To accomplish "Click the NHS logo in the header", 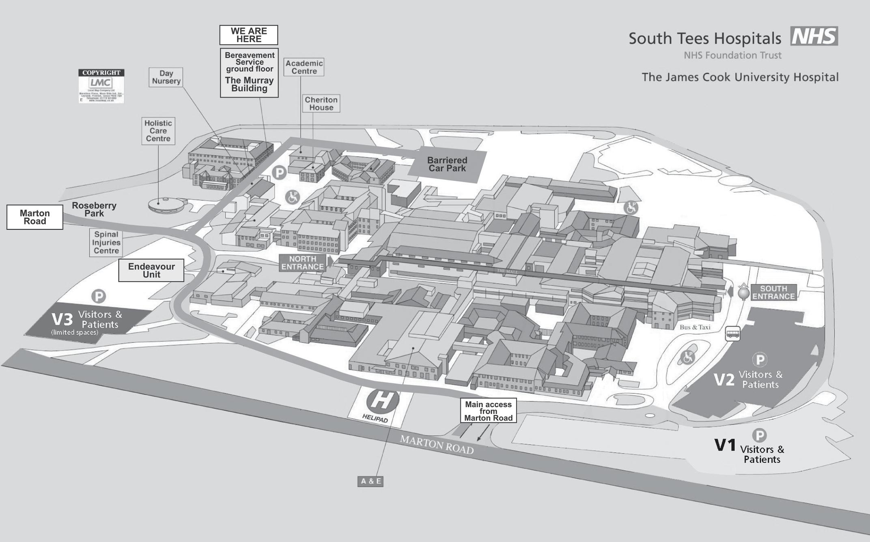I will click(x=814, y=36).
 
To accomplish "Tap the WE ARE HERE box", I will click(x=249, y=35).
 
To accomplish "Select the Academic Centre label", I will click(x=304, y=67).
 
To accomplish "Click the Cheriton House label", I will click(x=321, y=103).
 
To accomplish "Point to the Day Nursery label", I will click(x=166, y=77).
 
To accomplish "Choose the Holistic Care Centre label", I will click(x=158, y=131).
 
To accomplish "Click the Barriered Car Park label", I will click(x=447, y=164).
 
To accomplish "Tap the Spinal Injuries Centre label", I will click(x=106, y=243).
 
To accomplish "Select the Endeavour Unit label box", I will click(x=151, y=270).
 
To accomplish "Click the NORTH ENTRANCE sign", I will click(x=303, y=263).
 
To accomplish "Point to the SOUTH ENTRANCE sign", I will click(x=773, y=293).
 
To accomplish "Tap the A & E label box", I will click(x=370, y=481).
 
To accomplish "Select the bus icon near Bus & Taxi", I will click(x=732, y=334).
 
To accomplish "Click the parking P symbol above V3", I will click(x=99, y=296).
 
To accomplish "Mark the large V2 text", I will click(x=724, y=380).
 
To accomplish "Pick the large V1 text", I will click(x=725, y=445).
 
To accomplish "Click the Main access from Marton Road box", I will click(x=488, y=411).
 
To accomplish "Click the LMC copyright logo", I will click(x=101, y=86).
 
